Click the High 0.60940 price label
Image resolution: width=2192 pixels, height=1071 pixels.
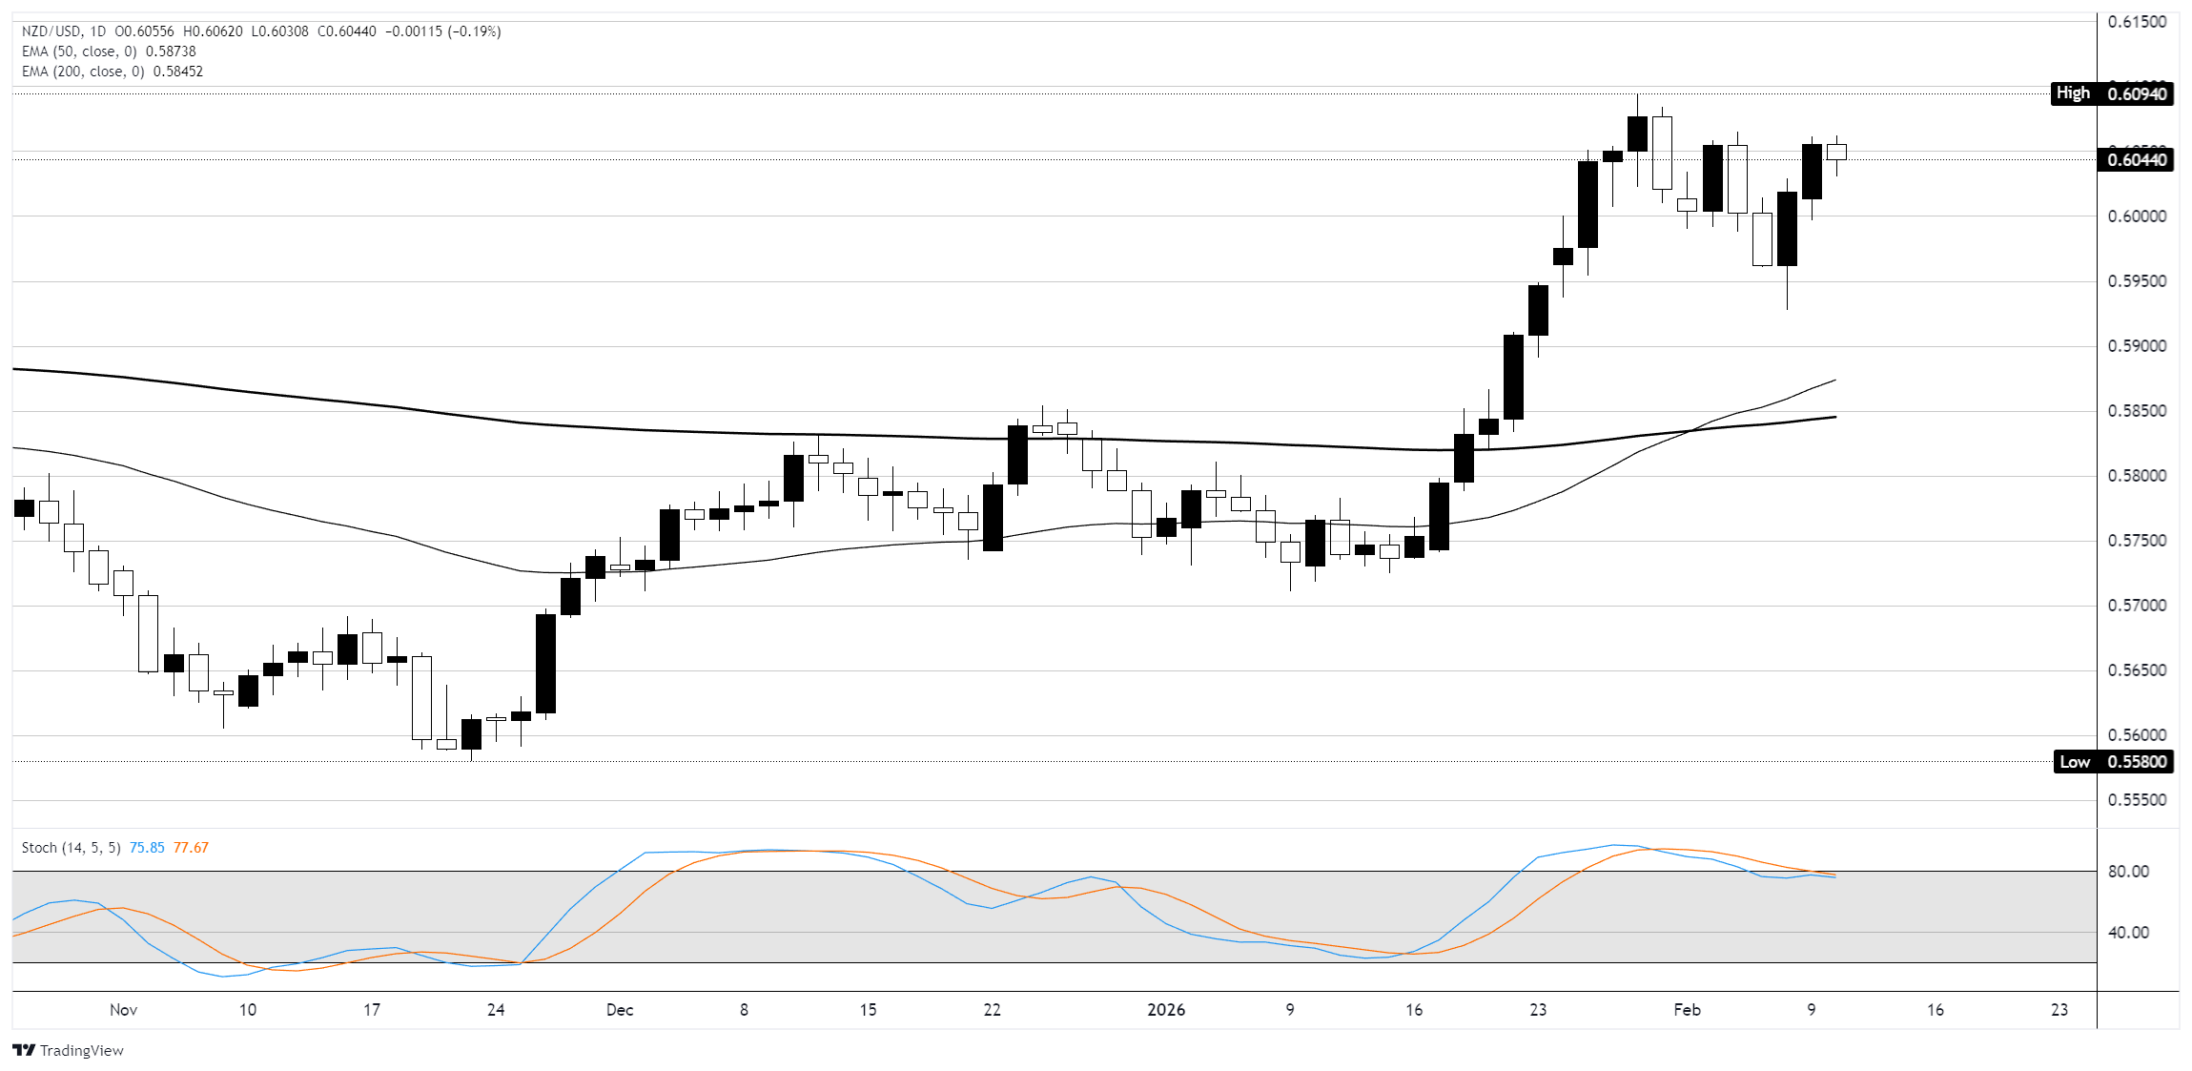click(x=2111, y=93)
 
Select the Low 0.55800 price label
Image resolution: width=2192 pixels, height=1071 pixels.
click(x=2113, y=761)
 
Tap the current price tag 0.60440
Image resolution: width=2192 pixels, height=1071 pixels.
click(x=2136, y=159)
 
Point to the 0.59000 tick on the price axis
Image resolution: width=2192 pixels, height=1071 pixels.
click(x=2137, y=346)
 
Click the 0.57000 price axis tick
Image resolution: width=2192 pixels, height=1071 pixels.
click(x=2137, y=606)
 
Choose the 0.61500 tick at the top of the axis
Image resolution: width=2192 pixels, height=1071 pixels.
click(x=2137, y=22)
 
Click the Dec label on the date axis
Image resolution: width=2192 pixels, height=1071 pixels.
click(x=620, y=1010)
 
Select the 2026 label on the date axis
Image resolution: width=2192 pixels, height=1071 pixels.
click(x=1166, y=1010)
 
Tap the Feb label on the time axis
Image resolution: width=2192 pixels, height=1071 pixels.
click(x=1687, y=1010)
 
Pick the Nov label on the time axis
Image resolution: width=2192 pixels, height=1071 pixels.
click(x=123, y=1010)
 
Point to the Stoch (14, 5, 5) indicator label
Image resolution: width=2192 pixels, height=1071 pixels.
click(x=71, y=848)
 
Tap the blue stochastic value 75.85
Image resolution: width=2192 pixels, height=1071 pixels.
click(x=147, y=848)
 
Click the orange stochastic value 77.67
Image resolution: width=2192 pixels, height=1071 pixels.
click(x=191, y=848)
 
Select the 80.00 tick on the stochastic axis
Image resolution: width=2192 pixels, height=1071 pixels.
click(x=2128, y=872)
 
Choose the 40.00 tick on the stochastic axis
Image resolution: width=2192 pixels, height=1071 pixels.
click(x=2128, y=933)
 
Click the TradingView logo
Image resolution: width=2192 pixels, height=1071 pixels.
click(x=69, y=1050)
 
